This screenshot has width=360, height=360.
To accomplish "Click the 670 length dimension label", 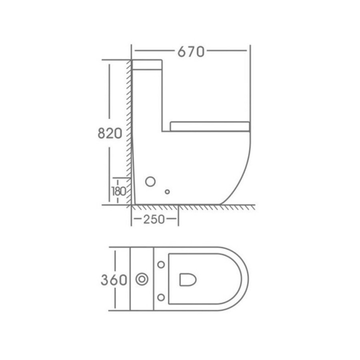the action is pyautogui.click(x=191, y=52).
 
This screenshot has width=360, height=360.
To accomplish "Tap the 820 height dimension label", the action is pyautogui.click(x=110, y=133).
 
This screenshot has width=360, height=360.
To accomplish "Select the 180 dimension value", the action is pyautogui.click(x=119, y=191).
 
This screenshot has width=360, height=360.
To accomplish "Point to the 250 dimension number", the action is pyautogui.click(x=154, y=219).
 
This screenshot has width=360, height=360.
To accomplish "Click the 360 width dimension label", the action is pyautogui.click(x=114, y=280).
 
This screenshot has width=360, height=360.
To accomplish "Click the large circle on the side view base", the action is pyautogui.click(x=150, y=182).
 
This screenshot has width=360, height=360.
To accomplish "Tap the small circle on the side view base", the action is pyautogui.click(x=167, y=192).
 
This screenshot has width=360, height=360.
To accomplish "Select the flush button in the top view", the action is pyautogui.click(x=142, y=280).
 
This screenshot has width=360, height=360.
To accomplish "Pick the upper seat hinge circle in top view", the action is pyautogui.click(x=161, y=264).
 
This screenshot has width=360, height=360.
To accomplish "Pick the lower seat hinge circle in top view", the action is pyautogui.click(x=161, y=297).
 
